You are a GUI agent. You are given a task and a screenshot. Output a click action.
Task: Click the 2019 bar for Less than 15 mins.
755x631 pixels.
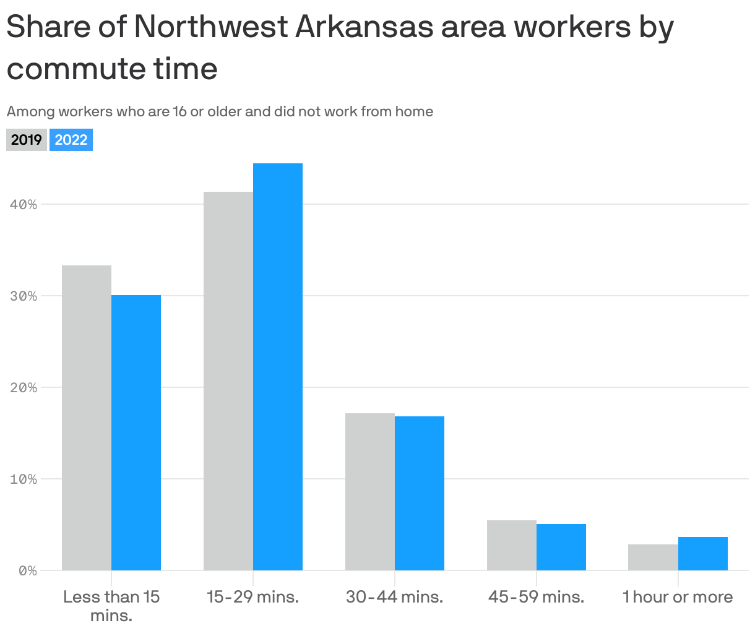pyautogui.click(x=87, y=418)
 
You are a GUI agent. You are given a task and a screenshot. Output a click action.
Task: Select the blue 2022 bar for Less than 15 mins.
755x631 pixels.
pyautogui.click(x=136, y=432)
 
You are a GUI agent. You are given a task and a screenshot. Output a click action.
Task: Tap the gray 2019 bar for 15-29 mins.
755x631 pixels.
pyautogui.click(x=228, y=380)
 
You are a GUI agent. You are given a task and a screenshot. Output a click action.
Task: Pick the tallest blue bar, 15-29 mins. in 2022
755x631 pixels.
pyautogui.click(x=278, y=366)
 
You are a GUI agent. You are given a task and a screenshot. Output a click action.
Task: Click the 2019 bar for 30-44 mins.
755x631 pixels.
pyautogui.click(x=370, y=491)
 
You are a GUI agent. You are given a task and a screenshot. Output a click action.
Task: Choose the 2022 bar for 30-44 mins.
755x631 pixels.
pyautogui.click(x=420, y=493)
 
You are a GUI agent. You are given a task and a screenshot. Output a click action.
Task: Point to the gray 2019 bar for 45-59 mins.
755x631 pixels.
pyautogui.click(x=512, y=545)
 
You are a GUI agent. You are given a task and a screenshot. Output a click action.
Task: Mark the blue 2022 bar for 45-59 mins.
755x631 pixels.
pyautogui.click(x=561, y=547)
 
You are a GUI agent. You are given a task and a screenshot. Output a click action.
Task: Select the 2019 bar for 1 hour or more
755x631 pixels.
pyautogui.click(x=653, y=557)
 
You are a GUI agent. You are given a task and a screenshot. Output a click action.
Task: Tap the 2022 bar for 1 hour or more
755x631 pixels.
pyautogui.click(x=703, y=554)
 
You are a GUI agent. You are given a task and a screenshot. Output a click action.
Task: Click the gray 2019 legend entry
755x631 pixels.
pyautogui.click(x=27, y=140)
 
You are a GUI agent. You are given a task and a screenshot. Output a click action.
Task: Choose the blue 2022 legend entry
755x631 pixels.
pyautogui.click(x=71, y=140)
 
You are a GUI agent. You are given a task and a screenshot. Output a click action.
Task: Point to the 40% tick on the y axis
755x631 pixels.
pyautogui.click(x=24, y=205)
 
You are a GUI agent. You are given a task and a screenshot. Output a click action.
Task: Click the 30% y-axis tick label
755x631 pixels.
pyautogui.click(x=24, y=296)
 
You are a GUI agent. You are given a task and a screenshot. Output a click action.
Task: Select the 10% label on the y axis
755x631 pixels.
pyautogui.click(x=24, y=479)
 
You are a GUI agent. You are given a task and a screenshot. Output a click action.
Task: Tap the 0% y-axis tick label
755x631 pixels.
pyautogui.click(x=27, y=571)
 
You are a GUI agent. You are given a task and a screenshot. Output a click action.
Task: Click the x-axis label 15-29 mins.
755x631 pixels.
pyautogui.click(x=252, y=597)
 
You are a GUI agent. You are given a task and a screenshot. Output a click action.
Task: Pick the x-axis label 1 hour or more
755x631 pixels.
pyautogui.click(x=678, y=597)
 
